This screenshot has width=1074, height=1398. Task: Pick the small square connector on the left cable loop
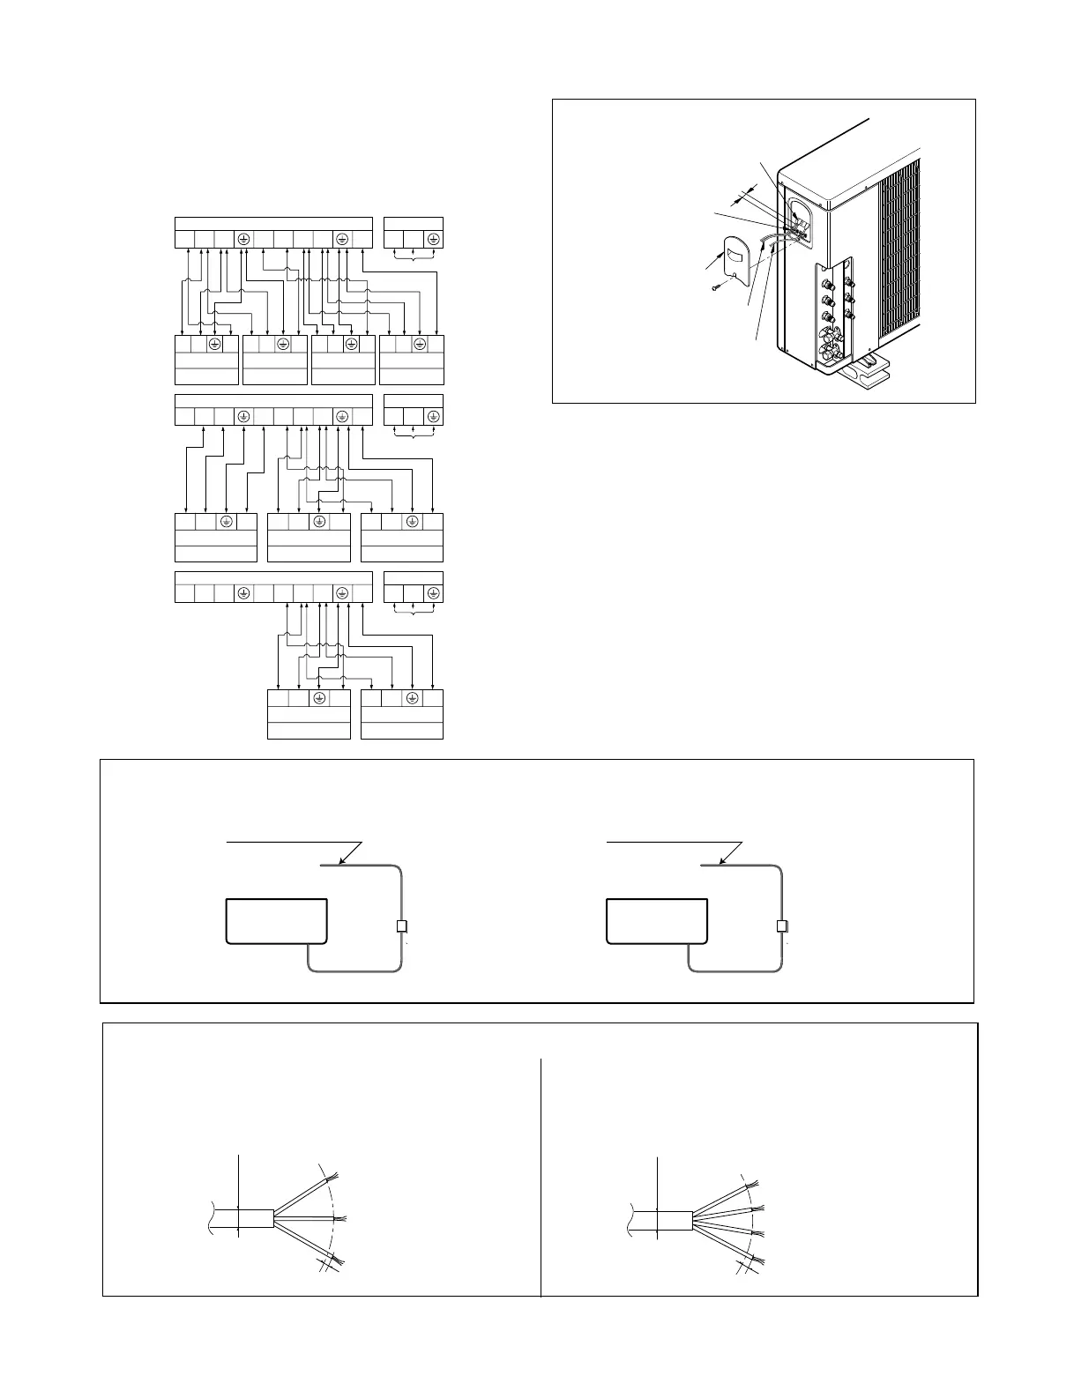401,926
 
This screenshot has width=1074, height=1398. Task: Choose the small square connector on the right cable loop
781,926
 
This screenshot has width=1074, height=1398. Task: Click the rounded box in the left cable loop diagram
277,922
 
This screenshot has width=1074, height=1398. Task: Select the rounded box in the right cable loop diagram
657,922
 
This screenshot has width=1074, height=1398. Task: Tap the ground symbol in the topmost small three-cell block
433,239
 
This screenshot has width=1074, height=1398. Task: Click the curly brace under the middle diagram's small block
414,435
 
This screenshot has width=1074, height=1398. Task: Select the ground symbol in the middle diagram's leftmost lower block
226,522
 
